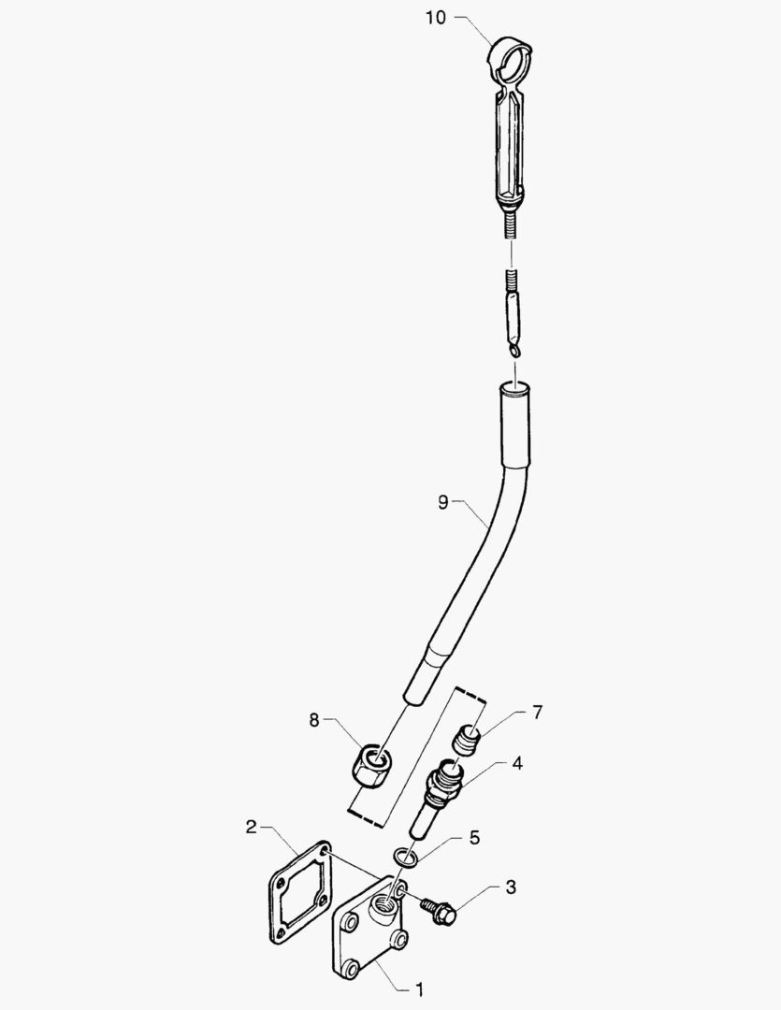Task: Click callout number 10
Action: pos(436,18)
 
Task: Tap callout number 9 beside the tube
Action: pos(442,502)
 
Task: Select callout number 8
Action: pos(314,719)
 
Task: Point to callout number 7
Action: pos(538,713)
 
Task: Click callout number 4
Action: pos(517,763)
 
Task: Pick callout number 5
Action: pos(474,837)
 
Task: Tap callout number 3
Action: pos(511,887)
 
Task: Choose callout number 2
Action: pos(252,827)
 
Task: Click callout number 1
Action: pos(420,988)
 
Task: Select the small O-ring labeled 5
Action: pos(405,858)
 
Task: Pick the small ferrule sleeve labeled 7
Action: pos(468,739)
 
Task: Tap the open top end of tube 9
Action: pos(515,388)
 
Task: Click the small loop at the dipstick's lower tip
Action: pos(514,349)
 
